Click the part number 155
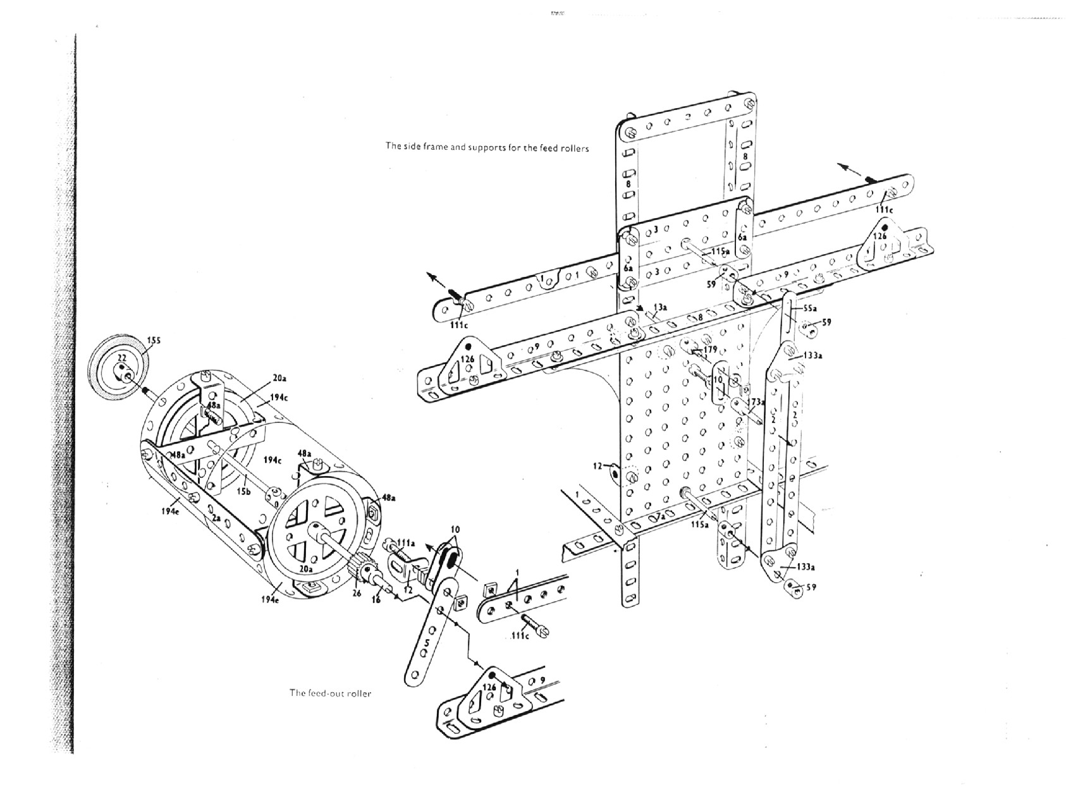154,341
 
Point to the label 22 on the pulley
122,358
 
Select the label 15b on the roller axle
243,491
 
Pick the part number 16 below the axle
376,599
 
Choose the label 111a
406,542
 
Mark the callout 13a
659,307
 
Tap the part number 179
709,349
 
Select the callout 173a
757,402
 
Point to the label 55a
810,308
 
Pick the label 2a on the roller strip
216,518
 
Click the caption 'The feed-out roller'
330,693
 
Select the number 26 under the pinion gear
356,594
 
